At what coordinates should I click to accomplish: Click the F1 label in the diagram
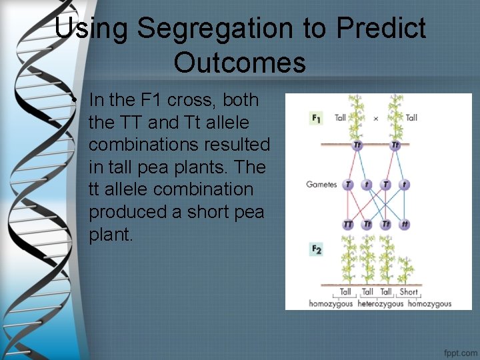pyautogui.click(x=315, y=118)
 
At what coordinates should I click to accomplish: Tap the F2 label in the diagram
pyautogui.click(x=316, y=250)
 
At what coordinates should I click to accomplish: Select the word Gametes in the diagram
pyautogui.click(x=321, y=184)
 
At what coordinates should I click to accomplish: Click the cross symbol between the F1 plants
pyautogui.click(x=376, y=119)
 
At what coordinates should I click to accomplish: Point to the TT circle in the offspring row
pyautogui.click(x=347, y=225)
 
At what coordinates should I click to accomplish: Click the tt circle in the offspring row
pyautogui.click(x=405, y=225)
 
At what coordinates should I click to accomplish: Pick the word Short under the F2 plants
pyautogui.click(x=409, y=292)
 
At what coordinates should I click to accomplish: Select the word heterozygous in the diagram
pyautogui.click(x=381, y=304)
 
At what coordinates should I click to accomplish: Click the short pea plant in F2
pyautogui.click(x=405, y=270)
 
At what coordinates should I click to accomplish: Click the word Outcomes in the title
pyautogui.click(x=240, y=62)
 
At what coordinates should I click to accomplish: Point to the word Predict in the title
pyautogui.click(x=381, y=28)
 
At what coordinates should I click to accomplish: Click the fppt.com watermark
pyautogui.click(x=461, y=353)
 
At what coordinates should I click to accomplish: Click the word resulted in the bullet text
pyautogui.click(x=237, y=144)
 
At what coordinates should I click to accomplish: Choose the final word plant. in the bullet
pyautogui.click(x=111, y=235)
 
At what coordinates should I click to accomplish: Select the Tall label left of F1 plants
pyautogui.click(x=340, y=118)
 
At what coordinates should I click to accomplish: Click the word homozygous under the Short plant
pyautogui.click(x=430, y=304)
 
